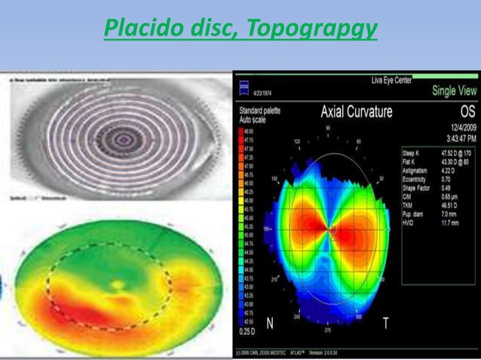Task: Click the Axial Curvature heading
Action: tap(357, 112)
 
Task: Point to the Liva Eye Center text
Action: tap(391, 80)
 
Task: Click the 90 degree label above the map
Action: tap(326, 129)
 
